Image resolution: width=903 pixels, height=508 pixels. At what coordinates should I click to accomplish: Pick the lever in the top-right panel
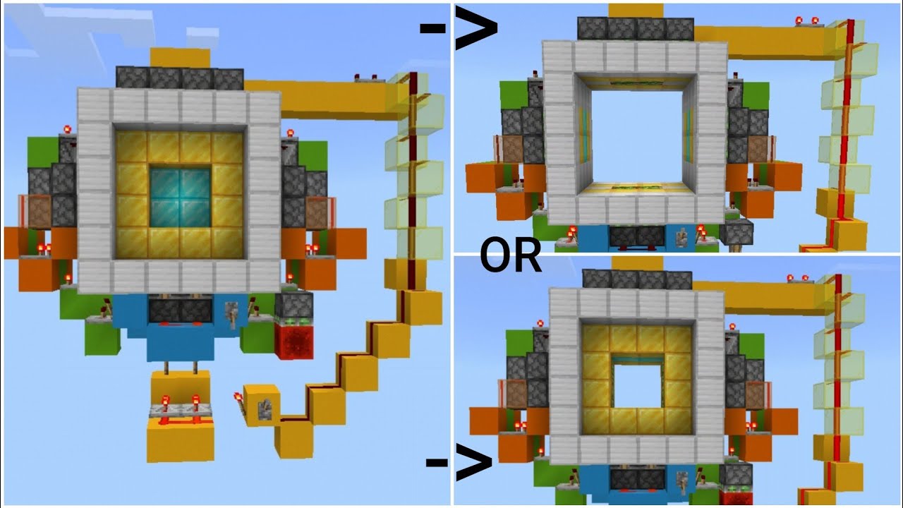(682, 237)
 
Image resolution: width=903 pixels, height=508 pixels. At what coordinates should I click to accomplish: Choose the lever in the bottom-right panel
(682, 481)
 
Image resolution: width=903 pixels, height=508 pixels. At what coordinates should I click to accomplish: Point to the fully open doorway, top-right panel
(635, 134)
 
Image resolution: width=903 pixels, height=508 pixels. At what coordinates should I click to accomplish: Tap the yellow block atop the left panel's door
(180, 57)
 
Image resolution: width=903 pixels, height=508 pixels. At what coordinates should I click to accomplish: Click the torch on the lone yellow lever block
(241, 401)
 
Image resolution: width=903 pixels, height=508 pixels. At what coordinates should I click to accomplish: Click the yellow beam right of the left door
(332, 95)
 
